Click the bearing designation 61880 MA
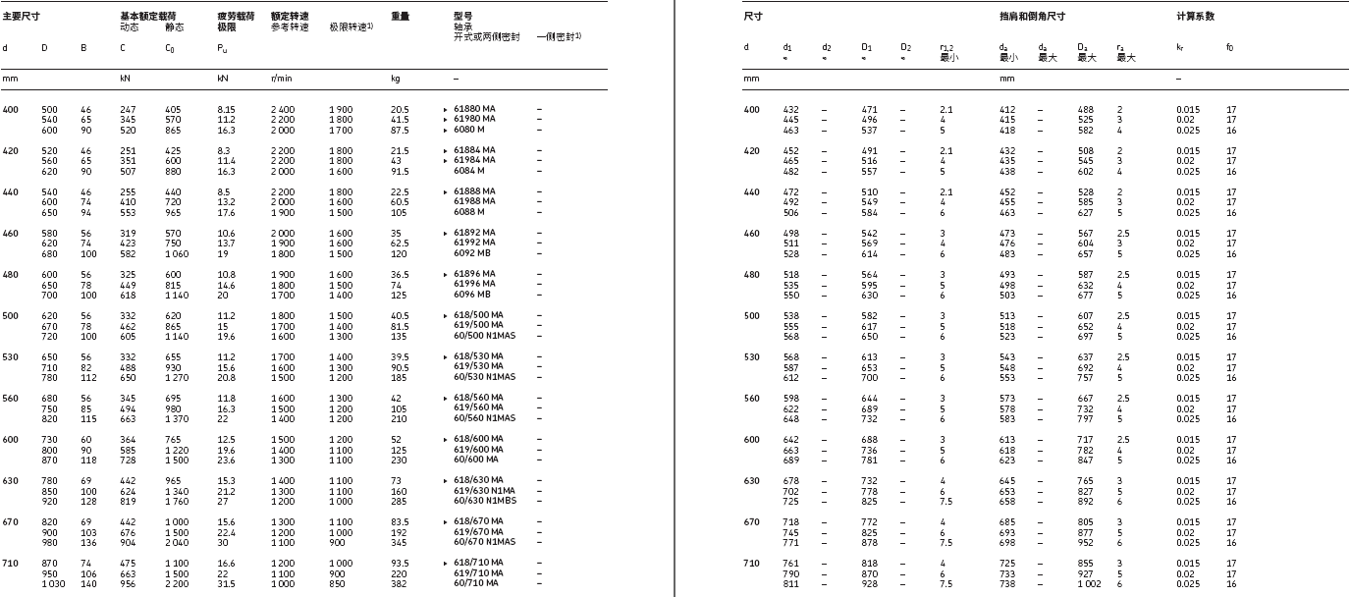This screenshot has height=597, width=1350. [x=474, y=109]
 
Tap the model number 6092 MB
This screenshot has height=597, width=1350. [x=471, y=253]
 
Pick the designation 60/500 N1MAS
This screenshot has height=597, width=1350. [x=480, y=336]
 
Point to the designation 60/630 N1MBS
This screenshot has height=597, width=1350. [x=480, y=501]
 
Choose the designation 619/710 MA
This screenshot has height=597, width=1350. [x=478, y=573]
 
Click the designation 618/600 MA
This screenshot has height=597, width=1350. [x=478, y=439]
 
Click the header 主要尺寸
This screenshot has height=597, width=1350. [x=21, y=17]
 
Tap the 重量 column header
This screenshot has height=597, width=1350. [x=400, y=17]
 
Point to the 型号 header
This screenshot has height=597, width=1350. [x=462, y=17]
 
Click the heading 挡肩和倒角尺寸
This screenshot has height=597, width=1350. [x=1032, y=17]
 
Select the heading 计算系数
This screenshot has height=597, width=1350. [x=1195, y=17]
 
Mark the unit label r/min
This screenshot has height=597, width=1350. [x=281, y=78]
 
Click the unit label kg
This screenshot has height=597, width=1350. [x=396, y=78]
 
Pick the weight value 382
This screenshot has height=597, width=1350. [x=399, y=584]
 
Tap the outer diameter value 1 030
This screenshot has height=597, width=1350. [x=50, y=584]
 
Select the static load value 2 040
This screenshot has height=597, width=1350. [x=174, y=542]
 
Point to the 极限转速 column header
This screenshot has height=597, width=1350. [x=351, y=27]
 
